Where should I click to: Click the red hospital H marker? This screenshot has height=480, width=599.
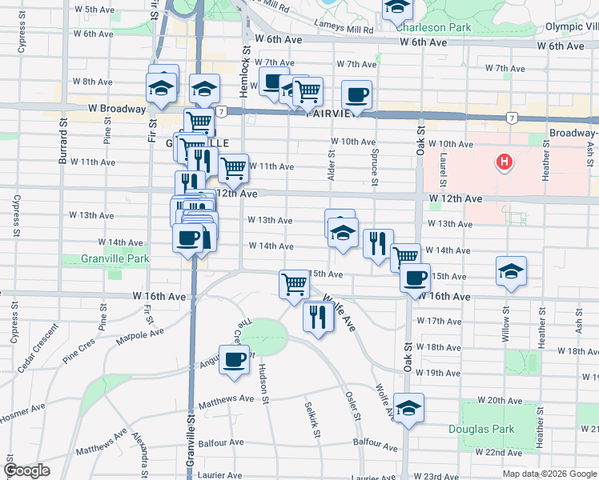click(x=504, y=163)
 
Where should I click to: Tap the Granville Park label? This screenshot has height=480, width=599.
click(x=115, y=259)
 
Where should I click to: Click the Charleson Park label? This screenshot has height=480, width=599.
click(x=434, y=26)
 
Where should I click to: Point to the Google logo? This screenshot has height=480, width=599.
click(x=26, y=470)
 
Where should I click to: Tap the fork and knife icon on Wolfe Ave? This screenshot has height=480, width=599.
click(x=318, y=317)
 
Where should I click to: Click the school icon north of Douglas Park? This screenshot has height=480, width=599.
click(x=408, y=408)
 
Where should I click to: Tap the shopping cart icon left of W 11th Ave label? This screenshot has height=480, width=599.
click(x=232, y=168)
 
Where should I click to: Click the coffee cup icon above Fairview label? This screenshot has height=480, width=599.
click(x=356, y=94)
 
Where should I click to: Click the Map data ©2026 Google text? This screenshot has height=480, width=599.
click(x=549, y=473)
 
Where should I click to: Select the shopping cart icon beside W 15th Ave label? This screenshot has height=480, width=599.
click(x=294, y=282)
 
